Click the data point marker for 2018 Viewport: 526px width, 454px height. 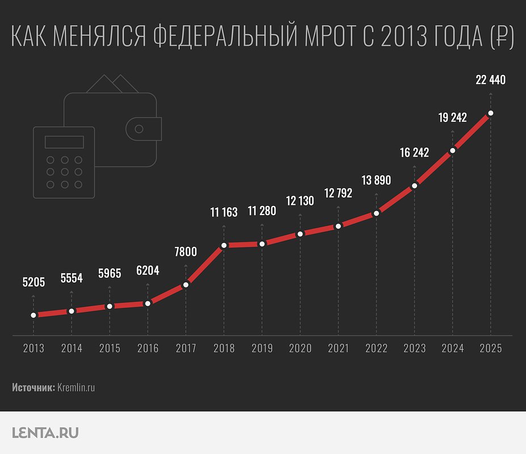click(x=224, y=245)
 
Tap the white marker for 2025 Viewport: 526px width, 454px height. click(x=490, y=113)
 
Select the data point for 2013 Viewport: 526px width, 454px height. click(x=33, y=315)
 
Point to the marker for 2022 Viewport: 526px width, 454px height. click(x=376, y=213)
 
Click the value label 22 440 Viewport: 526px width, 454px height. click(x=490, y=80)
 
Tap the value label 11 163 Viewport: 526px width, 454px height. click(x=224, y=213)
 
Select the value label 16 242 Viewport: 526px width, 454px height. click(x=414, y=153)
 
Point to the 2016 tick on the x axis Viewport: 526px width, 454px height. click(x=148, y=348)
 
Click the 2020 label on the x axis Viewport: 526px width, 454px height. click(x=300, y=348)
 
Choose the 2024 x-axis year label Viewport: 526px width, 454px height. click(x=452, y=348)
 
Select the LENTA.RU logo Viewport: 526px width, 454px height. click(x=45, y=433)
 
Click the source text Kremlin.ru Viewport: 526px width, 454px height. click(x=76, y=388)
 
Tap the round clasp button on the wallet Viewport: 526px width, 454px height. click(x=138, y=129)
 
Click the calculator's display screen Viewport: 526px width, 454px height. click(x=64, y=142)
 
